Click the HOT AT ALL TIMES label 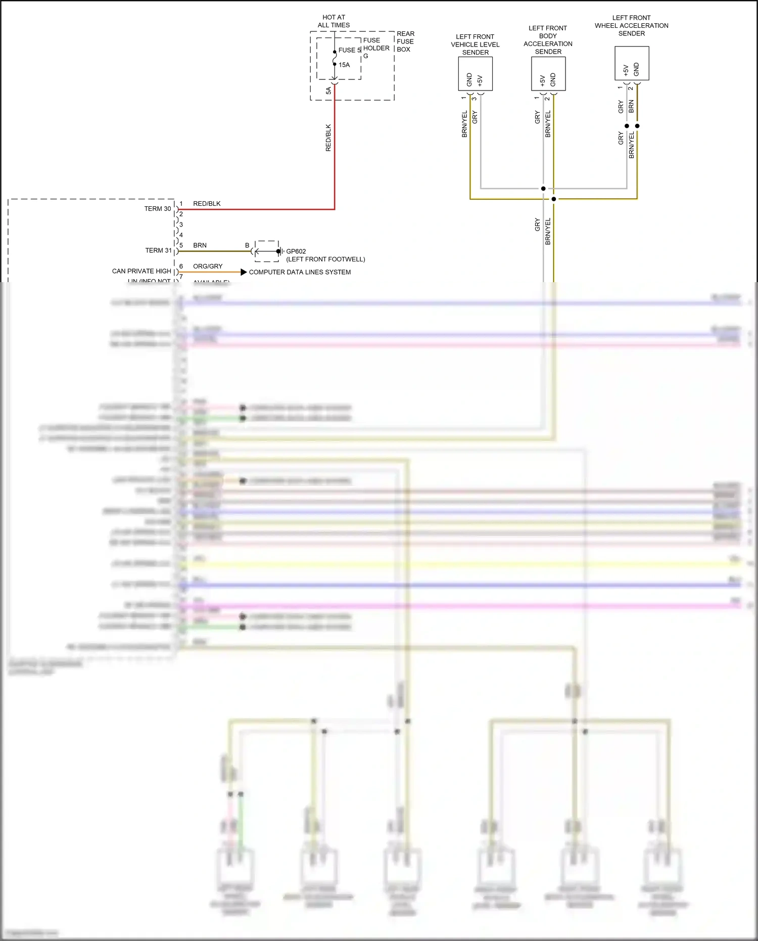pos(334,21)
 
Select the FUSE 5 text pos(350,50)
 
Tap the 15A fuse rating pos(344,65)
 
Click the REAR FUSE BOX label pos(405,41)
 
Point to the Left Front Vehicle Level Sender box pos(475,74)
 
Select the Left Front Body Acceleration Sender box pos(548,74)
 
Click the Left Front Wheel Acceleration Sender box pos(632,63)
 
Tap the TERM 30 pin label pos(158,208)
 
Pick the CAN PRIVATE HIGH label pos(141,271)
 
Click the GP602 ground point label pos(296,251)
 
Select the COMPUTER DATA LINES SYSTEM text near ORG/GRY pos(300,272)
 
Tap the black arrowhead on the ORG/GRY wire pos(244,272)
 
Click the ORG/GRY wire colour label pos(208,266)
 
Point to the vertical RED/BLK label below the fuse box pos(328,138)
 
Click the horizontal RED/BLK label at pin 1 pos(207,204)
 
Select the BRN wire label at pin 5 pos(200,245)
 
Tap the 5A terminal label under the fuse pos(328,91)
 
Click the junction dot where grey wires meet pos(543,189)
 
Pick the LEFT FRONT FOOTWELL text pos(325,259)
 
